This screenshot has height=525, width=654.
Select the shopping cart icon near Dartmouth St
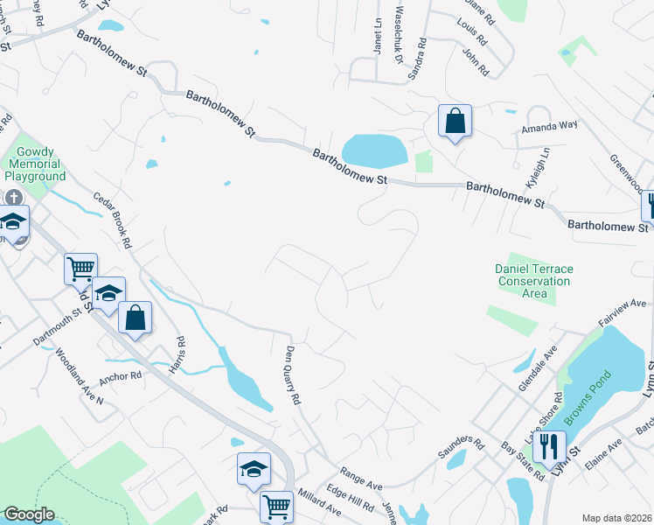(80, 268)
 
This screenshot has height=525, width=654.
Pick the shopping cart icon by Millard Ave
(276, 506)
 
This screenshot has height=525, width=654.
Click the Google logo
(29, 514)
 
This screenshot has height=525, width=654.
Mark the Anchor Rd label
(120, 376)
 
